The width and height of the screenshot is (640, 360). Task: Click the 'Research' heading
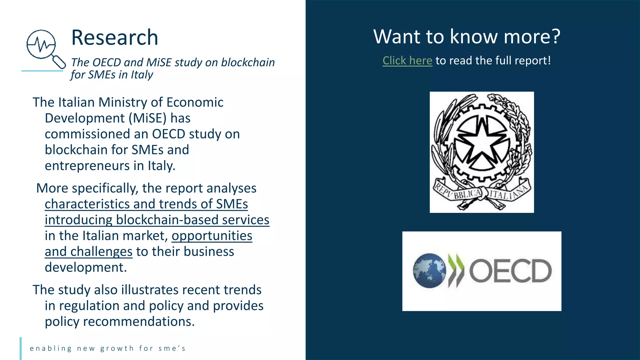115,37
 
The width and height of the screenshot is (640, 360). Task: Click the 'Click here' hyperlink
407,61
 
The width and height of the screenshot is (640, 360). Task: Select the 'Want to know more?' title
467,37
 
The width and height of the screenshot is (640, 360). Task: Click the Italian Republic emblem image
482,152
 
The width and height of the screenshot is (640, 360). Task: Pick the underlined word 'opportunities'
212,236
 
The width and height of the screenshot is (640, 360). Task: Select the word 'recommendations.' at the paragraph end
139,322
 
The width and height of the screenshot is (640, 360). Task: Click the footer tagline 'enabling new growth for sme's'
108,348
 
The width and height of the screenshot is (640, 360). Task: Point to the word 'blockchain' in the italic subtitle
248,62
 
